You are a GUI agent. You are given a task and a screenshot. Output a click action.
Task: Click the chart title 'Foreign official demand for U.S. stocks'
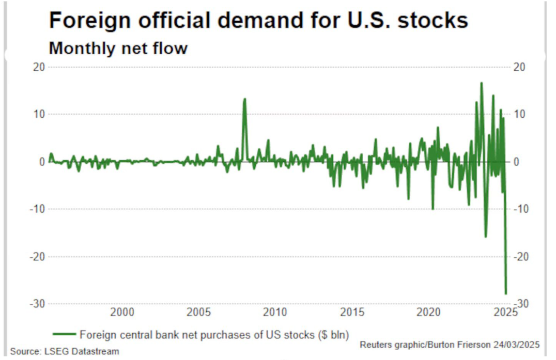point(258,21)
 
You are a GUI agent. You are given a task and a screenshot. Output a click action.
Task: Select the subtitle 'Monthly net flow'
point(118,49)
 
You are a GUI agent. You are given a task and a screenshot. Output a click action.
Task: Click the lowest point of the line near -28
point(505,293)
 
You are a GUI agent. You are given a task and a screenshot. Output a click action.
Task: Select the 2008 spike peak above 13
point(244,99)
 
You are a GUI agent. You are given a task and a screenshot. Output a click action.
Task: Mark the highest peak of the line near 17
point(481,83)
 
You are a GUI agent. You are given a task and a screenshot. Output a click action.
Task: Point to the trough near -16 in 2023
point(486,237)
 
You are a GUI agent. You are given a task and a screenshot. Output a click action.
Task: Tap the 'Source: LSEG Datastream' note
point(65,352)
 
